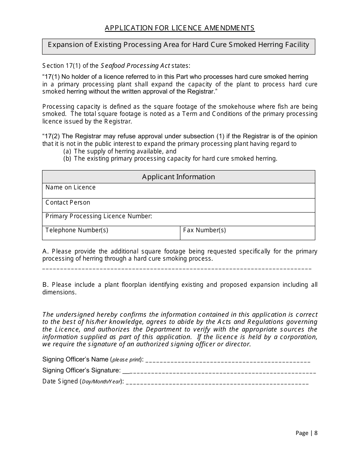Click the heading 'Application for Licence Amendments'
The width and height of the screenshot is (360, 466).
(180, 28)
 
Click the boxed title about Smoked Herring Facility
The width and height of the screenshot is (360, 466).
(178, 45)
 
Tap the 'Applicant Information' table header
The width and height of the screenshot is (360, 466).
(178, 177)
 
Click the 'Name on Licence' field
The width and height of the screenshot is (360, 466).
(178, 191)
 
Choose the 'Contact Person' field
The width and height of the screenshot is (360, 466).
(178, 205)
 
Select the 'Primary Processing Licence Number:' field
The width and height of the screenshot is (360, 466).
(178, 219)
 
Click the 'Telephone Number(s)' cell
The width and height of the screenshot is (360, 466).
(111, 233)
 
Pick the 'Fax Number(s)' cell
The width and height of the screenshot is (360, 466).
(247, 233)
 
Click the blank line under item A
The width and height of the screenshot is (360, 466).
(177, 268)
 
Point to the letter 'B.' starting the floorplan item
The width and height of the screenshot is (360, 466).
(45, 285)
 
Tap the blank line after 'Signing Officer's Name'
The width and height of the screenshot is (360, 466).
(228, 361)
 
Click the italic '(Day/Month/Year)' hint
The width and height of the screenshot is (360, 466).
(101, 382)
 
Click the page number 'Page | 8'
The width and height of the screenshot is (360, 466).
(306, 433)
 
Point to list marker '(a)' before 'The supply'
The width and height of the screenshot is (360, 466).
(67, 152)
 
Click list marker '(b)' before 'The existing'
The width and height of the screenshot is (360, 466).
(67, 159)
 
